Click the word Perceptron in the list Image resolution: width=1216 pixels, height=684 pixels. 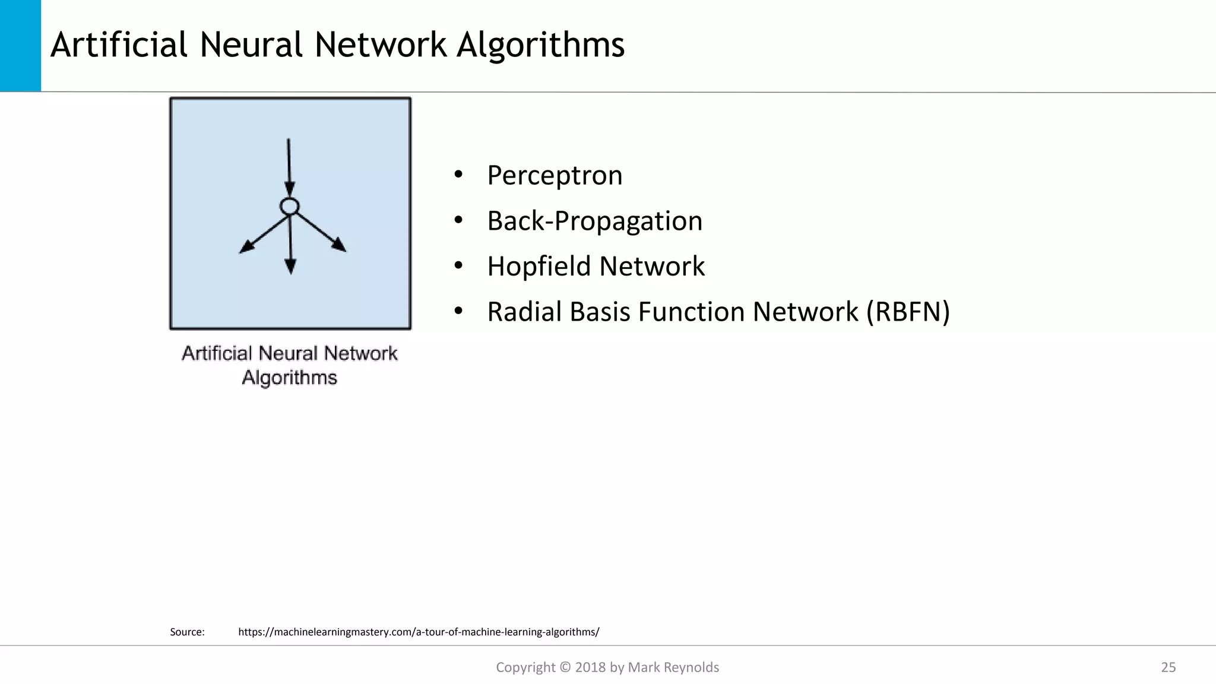pyautogui.click(x=555, y=176)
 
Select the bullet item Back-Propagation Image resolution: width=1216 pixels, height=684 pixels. pyautogui.click(x=594, y=221)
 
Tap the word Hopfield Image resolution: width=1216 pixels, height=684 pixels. pyautogui.click(x=539, y=267)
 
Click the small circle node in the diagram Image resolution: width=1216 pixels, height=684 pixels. pyautogui.click(x=289, y=207)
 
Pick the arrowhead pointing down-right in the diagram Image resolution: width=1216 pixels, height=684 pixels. pyautogui.click(x=339, y=245)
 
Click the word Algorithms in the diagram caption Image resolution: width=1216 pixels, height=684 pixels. pyautogui.click(x=289, y=378)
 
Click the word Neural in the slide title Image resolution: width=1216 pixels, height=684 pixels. pyautogui.click(x=252, y=45)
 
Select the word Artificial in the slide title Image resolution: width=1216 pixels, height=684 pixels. pyautogui.click(x=119, y=45)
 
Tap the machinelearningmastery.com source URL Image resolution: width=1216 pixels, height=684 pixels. pyautogui.click(x=419, y=632)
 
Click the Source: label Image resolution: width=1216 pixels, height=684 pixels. pyautogui.click(x=187, y=632)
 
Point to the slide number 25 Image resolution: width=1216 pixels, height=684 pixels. pyautogui.click(x=1168, y=667)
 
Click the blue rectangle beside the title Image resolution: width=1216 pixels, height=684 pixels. pyautogui.click(x=20, y=45)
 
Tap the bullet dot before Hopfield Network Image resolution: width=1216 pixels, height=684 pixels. pyautogui.click(x=458, y=266)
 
